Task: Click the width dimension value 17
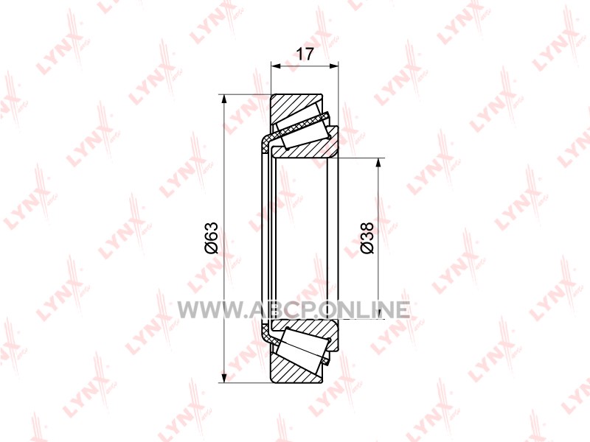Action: click(305, 55)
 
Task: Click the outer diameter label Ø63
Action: click(212, 238)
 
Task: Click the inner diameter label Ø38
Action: click(367, 237)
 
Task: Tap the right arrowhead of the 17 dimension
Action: click(333, 66)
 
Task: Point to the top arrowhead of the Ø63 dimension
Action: click(224, 99)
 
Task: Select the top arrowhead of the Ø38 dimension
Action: click(378, 163)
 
